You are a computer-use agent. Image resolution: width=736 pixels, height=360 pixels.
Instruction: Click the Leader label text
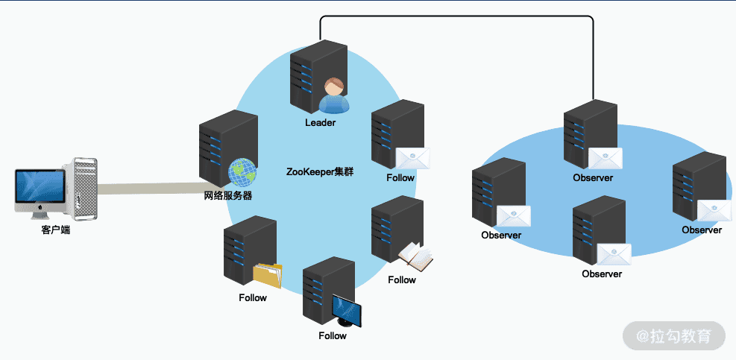tap(320, 123)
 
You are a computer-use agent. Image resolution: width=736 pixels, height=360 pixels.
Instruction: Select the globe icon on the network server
tap(242, 172)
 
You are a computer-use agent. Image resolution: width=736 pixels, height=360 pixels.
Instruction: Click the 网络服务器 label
tap(228, 196)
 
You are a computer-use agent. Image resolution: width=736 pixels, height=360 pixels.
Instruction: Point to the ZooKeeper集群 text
tap(319, 171)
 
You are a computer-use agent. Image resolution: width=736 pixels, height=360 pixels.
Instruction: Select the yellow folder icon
tap(268, 275)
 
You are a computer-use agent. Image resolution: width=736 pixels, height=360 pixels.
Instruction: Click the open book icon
tap(416, 258)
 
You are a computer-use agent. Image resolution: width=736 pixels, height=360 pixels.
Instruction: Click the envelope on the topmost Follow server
tap(413, 158)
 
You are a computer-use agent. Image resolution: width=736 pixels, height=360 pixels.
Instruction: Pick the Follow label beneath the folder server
tap(253, 298)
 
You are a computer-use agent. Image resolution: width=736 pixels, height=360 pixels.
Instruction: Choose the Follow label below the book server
tap(402, 280)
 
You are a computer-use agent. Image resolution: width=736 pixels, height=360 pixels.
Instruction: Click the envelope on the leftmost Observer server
tap(514, 216)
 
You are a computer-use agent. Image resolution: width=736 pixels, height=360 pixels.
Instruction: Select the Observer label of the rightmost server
tap(702, 230)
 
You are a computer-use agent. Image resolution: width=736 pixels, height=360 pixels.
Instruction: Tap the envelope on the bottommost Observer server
tap(614, 253)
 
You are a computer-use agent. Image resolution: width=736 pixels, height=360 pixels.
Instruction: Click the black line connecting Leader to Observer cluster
tap(456, 16)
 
